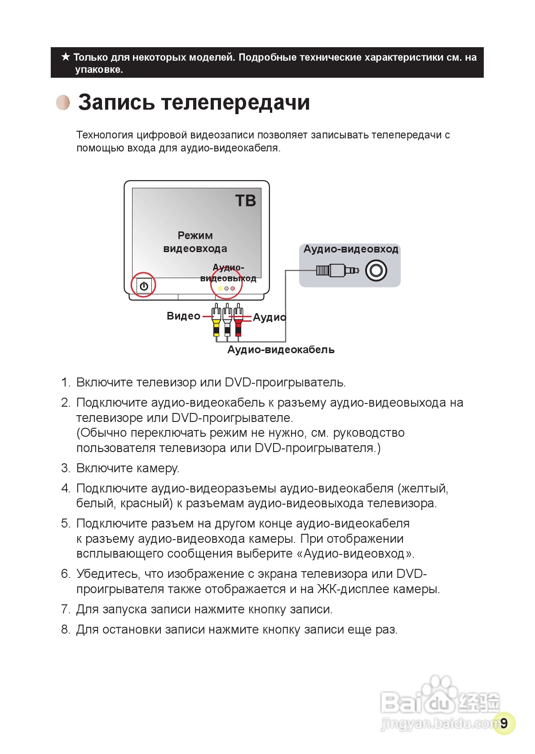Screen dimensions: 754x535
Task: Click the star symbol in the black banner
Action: click(66, 57)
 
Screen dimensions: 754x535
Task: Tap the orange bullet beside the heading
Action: click(63, 102)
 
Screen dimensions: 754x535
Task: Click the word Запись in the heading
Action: click(117, 102)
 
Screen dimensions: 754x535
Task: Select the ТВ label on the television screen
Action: click(245, 201)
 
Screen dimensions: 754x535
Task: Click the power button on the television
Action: click(144, 286)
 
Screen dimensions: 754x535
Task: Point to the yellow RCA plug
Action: click(217, 322)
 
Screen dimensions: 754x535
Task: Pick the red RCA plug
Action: click(238, 322)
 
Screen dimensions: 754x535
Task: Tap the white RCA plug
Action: click(227, 322)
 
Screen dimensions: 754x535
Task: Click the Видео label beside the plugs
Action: click(183, 316)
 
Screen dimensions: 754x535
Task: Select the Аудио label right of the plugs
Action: click(269, 318)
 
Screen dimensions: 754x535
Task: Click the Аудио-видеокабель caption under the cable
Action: click(281, 350)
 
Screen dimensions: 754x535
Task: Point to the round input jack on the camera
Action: click(376, 271)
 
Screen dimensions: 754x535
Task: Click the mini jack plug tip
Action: click(355, 271)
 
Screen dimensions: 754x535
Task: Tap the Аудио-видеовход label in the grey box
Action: click(351, 249)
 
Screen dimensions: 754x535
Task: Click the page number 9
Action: click(504, 723)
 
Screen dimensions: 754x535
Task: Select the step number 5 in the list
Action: click(65, 523)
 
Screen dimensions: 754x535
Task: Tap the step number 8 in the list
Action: click(65, 630)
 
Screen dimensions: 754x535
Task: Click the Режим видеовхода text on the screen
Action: click(195, 242)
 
